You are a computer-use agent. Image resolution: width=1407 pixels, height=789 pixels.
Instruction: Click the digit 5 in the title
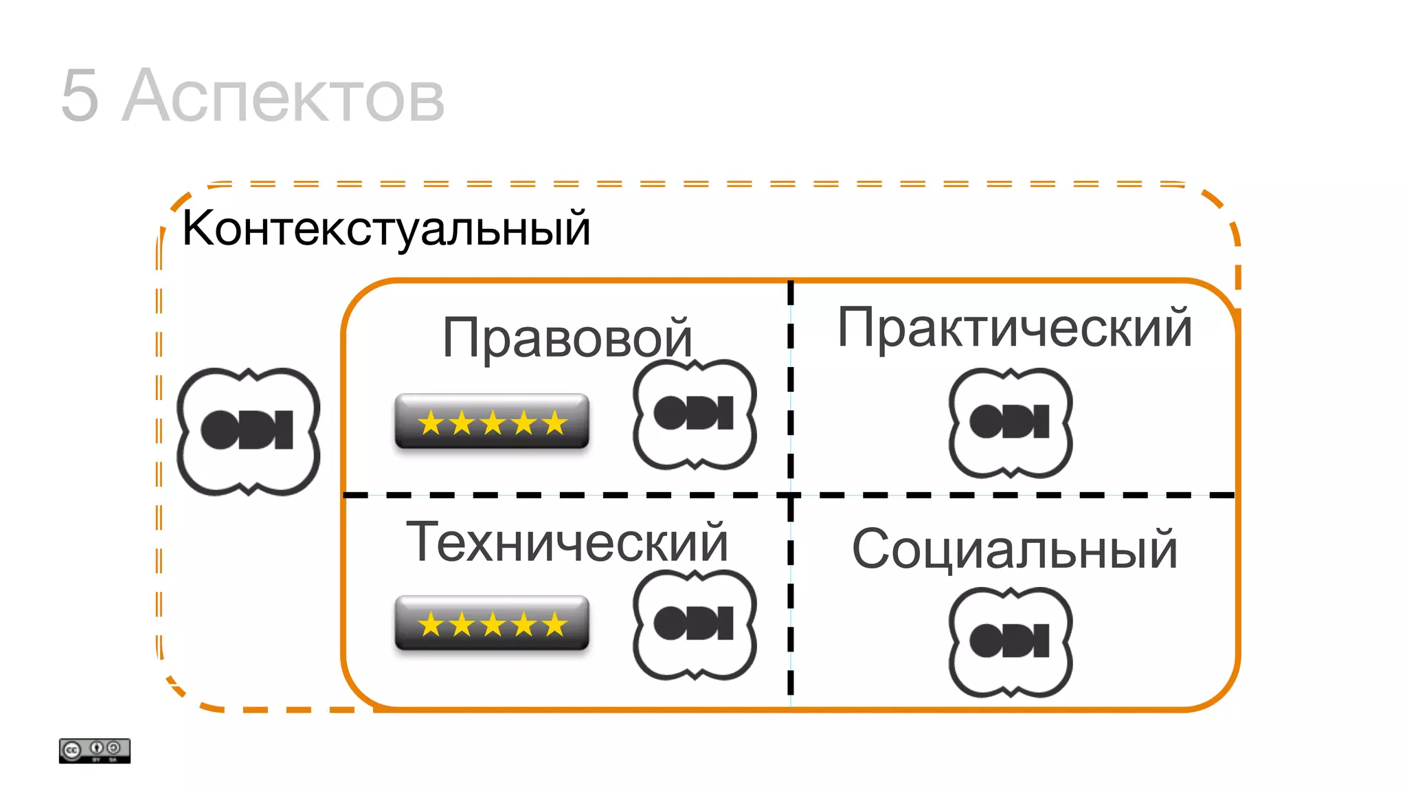click(x=80, y=96)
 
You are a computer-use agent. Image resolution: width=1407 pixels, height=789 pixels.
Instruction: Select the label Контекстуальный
click(x=386, y=229)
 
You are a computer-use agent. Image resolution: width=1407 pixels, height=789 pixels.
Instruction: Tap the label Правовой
click(x=567, y=337)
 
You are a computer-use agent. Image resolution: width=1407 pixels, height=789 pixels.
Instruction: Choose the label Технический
click(x=567, y=542)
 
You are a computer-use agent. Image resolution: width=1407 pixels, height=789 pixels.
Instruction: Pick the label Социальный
click(x=1014, y=549)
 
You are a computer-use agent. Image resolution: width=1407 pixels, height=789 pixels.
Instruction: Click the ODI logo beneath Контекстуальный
click(x=248, y=431)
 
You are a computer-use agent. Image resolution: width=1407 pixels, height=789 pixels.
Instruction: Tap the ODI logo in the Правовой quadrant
click(x=694, y=414)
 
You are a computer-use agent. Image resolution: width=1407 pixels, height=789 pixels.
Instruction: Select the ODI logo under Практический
click(x=1010, y=423)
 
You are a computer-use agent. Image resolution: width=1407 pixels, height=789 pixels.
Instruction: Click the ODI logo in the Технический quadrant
click(x=694, y=624)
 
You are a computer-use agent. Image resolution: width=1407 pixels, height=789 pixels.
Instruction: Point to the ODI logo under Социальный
click(x=1010, y=642)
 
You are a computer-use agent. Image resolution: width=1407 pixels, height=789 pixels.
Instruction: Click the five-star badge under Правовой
click(x=492, y=421)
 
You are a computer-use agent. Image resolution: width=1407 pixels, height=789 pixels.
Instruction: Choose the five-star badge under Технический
click(x=492, y=623)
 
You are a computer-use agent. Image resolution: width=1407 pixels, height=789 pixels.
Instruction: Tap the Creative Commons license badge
click(x=94, y=751)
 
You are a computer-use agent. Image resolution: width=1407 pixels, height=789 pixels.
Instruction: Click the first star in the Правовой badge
click(x=431, y=423)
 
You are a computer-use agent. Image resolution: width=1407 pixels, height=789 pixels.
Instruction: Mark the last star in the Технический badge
click(x=554, y=625)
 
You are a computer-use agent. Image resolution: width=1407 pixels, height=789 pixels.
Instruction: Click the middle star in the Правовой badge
click(x=493, y=423)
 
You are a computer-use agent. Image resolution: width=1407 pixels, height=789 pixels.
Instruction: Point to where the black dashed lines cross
click(x=790, y=495)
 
